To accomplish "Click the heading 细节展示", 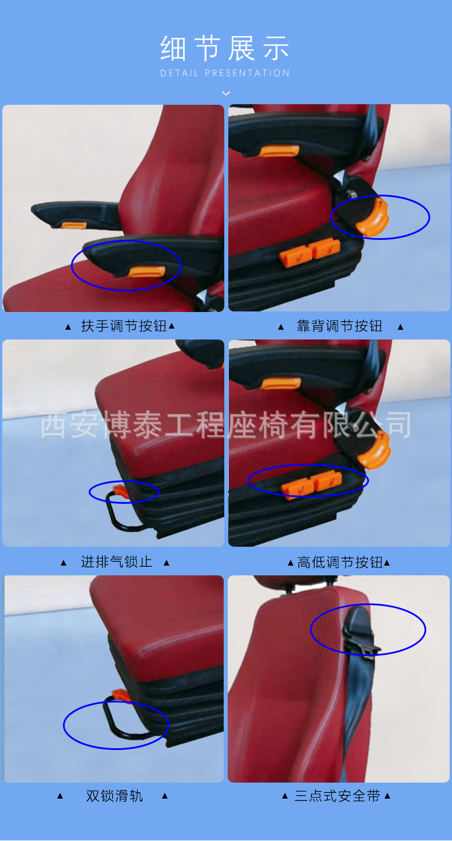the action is coord(225,48).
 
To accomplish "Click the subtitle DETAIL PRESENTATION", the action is coord(225,73).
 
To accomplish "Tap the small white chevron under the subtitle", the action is coord(226,93).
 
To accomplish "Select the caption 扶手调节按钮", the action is coord(124,326).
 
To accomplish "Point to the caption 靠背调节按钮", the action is coord(339,326).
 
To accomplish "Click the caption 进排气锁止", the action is coord(117,562).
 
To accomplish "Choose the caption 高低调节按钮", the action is coord(339,562).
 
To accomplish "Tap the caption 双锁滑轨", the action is coord(114,796).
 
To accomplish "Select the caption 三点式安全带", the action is coord(337,796).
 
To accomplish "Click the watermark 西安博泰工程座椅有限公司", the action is coord(225,425).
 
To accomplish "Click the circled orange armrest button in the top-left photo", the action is coord(146,271).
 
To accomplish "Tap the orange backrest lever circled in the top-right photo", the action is coord(373,216).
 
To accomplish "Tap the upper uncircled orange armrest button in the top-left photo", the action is coord(73,225).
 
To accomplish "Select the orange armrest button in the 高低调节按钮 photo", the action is coord(281,384).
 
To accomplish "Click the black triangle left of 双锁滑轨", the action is coord(60,796).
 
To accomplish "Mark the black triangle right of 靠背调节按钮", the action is coord(401,327).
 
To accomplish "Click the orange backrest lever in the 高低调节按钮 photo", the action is coord(374,450).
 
